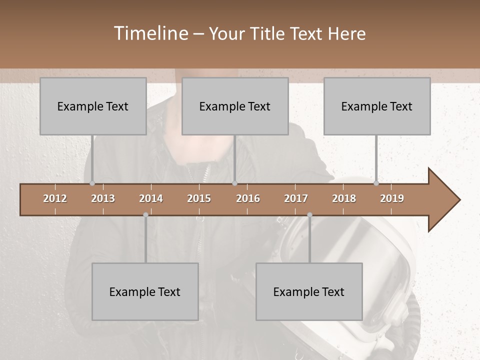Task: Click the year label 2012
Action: click(55, 198)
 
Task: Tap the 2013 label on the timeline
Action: click(103, 198)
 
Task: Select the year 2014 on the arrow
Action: click(151, 198)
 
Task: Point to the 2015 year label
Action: click(199, 198)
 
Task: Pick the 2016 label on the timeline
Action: click(248, 198)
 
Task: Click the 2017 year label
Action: click(296, 198)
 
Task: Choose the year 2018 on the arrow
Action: click(344, 198)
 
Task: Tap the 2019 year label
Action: click(392, 198)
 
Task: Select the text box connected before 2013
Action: click(93, 106)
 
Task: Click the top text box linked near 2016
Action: click(235, 106)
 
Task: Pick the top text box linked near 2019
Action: click(377, 106)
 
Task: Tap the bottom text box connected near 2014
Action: click(145, 291)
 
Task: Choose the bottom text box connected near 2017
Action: click(309, 291)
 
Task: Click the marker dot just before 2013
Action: click(92, 183)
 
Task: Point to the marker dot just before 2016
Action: click(234, 183)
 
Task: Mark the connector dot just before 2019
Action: click(376, 183)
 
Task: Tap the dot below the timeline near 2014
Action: click(145, 215)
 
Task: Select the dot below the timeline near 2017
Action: click(309, 215)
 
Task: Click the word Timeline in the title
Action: click(150, 33)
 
